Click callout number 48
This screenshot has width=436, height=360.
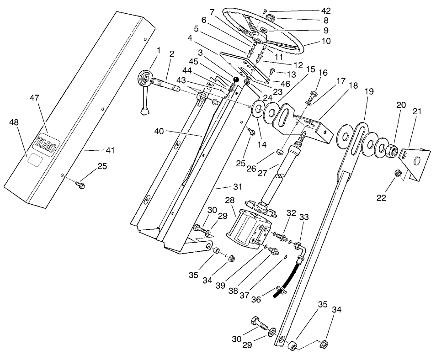[x=13, y=122]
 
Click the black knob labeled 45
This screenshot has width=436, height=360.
[x=236, y=79]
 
